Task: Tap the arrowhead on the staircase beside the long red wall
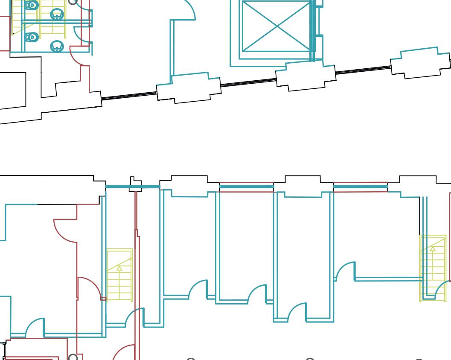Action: [x=119, y=269]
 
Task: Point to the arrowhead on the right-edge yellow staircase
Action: [x=433, y=249]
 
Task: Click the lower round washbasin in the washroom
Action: [x=57, y=46]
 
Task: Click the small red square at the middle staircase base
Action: [x=103, y=299]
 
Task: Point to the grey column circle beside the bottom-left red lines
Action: [x=73, y=357]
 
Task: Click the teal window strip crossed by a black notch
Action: [x=132, y=187]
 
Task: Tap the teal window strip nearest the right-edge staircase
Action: [x=360, y=187]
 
